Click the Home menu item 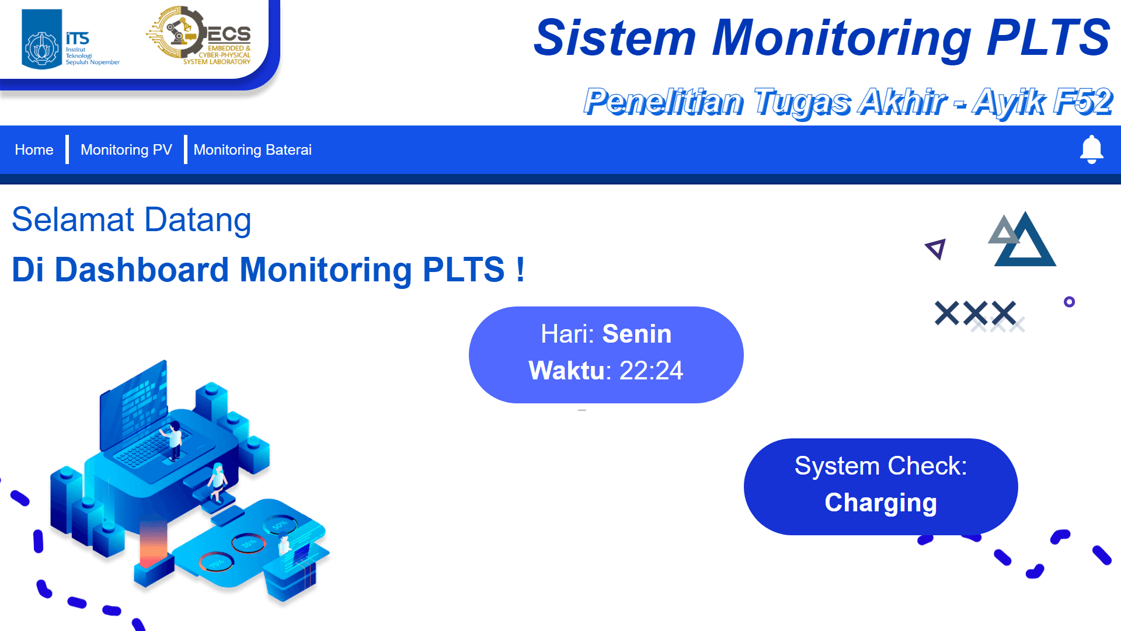pos(34,150)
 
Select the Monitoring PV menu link pos(126,150)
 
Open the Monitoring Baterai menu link pos(252,150)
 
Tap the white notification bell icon pos(1091,149)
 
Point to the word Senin pos(636,334)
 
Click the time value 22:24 pos(651,371)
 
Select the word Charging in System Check pos(880,503)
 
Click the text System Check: pos(880,466)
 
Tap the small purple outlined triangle pos(936,249)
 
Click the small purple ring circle pos(1069,302)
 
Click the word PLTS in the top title pos(1048,38)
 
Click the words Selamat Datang pos(131,220)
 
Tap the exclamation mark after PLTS pos(520,270)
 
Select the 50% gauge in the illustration pos(279,525)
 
